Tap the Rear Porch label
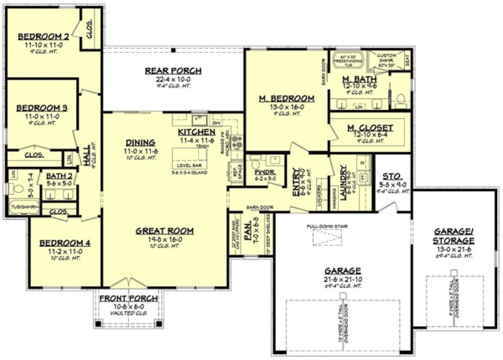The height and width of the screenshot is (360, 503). tap(173, 71)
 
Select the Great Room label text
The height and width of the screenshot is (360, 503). tap(165, 231)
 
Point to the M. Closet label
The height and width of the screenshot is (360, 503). tap(370, 128)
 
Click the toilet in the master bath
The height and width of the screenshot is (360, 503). tap(401, 100)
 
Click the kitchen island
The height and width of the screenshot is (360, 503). tap(190, 156)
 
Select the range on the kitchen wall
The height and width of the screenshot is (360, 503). tap(236, 143)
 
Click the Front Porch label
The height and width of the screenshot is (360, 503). tap(128, 299)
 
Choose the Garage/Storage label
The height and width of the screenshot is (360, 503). tap(454, 236)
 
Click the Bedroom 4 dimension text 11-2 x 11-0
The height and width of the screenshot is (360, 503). tap(60, 252)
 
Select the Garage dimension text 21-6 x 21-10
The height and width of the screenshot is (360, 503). tap(343, 279)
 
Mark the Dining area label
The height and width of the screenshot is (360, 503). tap(140, 143)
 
